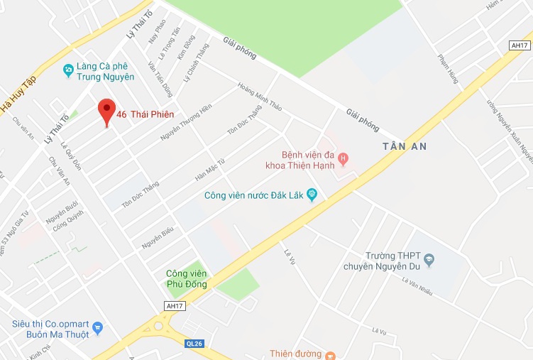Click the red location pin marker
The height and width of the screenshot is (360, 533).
(106, 111)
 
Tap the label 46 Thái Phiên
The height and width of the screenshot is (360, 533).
(145, 114)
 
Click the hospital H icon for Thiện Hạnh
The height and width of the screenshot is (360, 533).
(343, 158)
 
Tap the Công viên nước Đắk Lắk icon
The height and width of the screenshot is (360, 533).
(311, 195)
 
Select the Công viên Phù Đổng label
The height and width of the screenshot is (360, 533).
(186, 278)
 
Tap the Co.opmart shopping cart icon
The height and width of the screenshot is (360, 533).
(98, 328)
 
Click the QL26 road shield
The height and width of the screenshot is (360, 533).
(194, 344)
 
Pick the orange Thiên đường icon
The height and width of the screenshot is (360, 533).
(329, 354)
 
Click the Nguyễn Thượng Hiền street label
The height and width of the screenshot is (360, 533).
(186, 121)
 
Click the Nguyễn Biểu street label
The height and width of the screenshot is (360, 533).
(158, 237)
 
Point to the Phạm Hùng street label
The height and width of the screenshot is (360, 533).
(449, 69)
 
